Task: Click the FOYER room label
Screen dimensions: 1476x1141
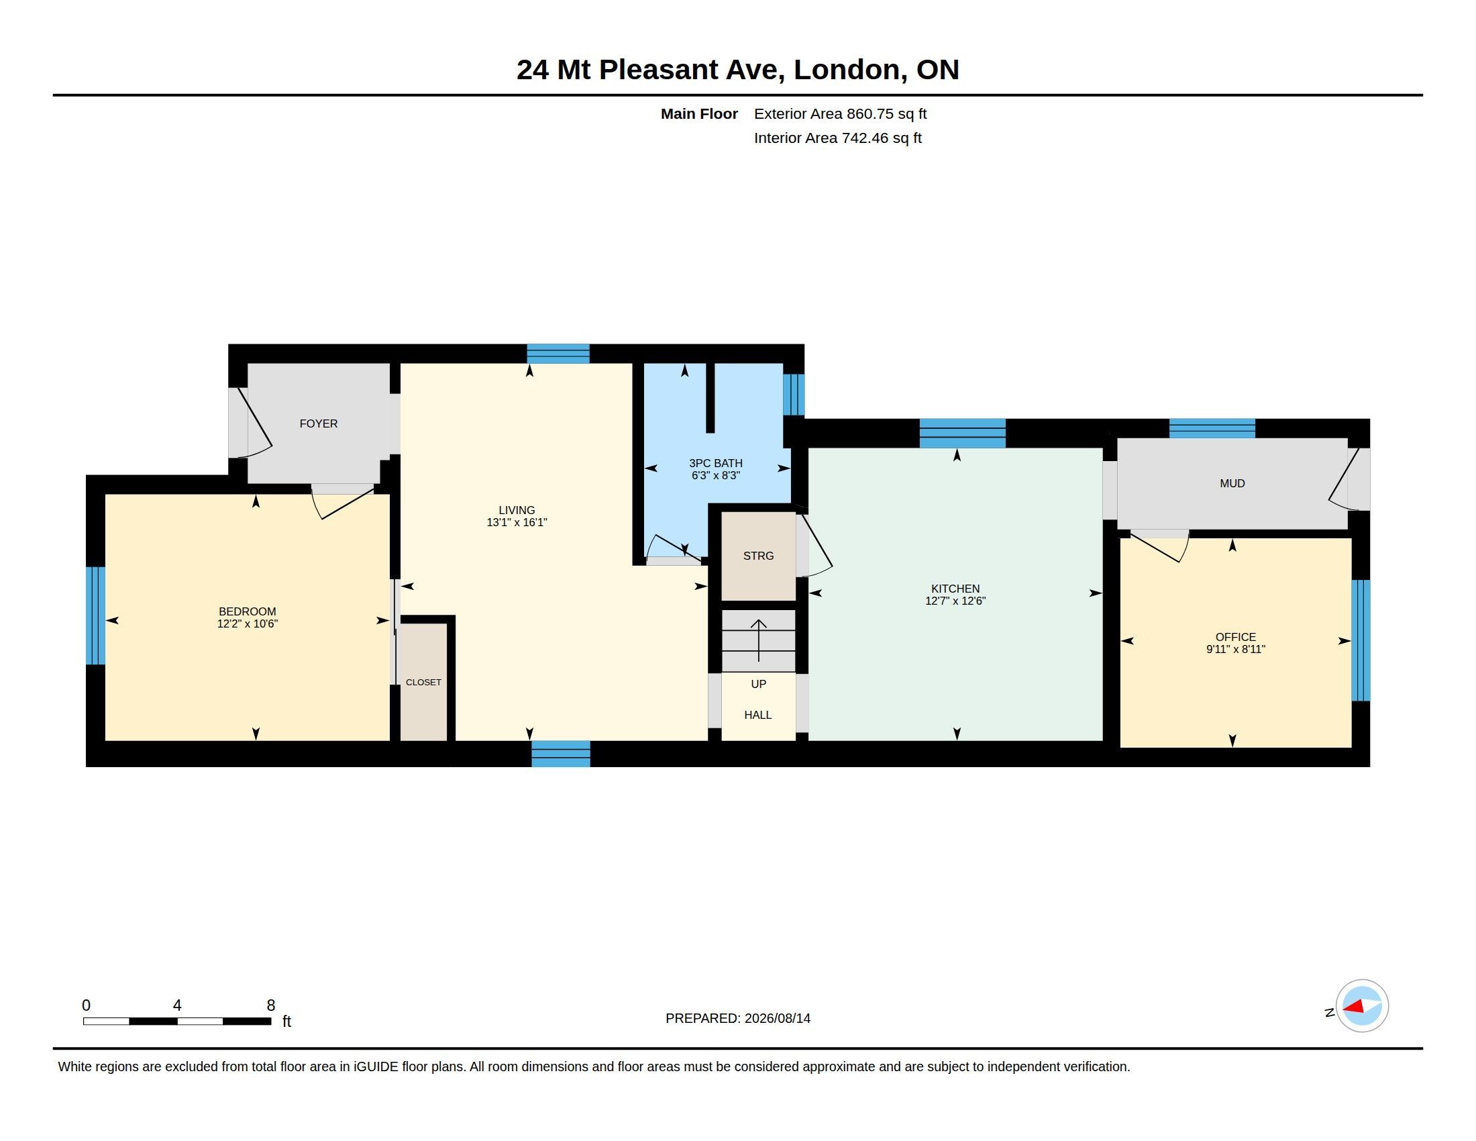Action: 318,424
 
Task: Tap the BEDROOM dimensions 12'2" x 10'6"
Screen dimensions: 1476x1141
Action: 248,624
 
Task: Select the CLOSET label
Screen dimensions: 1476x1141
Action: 424,683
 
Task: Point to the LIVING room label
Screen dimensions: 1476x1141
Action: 517,510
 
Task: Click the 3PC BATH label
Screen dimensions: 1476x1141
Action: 716,463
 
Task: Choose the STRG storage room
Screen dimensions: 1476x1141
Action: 758,556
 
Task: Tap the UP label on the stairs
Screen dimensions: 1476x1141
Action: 759,684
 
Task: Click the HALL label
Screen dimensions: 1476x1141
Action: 758,715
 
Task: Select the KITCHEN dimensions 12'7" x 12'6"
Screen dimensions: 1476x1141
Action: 955,601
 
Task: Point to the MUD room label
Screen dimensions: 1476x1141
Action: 1232,483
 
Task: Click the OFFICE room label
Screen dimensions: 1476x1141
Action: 1236,637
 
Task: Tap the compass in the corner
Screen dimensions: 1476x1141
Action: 1362,1006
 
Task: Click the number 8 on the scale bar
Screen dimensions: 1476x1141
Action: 271,1005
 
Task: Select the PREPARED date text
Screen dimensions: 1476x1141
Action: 738,1018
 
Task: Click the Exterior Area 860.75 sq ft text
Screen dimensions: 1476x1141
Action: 840,113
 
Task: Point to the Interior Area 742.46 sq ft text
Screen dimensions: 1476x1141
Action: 838,138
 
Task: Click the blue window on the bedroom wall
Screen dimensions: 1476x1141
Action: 96,615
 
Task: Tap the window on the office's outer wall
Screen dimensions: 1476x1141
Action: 1361,640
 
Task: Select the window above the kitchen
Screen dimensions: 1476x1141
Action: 962,434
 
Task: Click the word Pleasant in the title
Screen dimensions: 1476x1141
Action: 691,70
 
